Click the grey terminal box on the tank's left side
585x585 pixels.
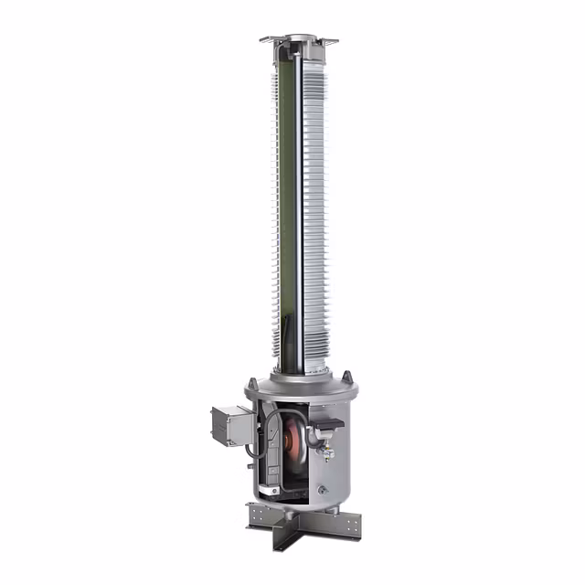click(229, 424)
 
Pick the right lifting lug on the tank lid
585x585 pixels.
click(346, 377)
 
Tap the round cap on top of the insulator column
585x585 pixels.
click(299, 38)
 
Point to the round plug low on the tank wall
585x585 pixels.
click(322, 490)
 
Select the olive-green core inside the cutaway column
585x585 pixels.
click(288, 183)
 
